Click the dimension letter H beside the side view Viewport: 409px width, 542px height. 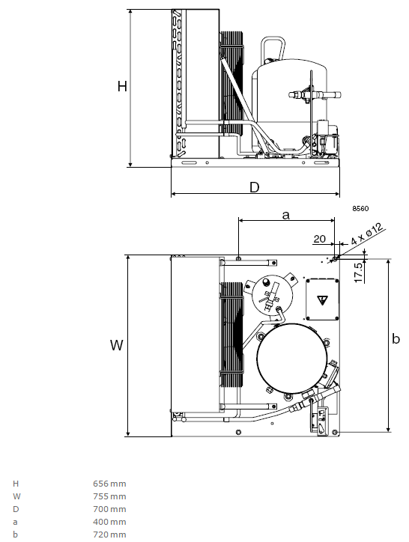(x=122, y=86)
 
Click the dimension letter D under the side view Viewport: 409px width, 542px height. (x=255, y=187)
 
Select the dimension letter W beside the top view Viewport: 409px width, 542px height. (x=117, y=345)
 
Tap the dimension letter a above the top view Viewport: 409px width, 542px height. (x=286, y=215)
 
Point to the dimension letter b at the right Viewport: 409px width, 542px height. (x=396, y=338)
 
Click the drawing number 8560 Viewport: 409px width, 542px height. (x=360, y=208)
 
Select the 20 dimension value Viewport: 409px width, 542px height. (x=319, y=239)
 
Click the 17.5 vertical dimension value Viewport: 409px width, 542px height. (x=359, y=272)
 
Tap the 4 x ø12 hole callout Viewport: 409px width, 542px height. (x=367, y=234)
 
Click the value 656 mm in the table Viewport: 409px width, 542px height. (x=109, y=484)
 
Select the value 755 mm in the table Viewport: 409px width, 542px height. (x=109, y=496)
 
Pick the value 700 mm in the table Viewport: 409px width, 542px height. (x=109, y=509)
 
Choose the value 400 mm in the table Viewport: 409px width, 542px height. (x=109, y=522)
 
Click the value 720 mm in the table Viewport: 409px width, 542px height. (x=109, y=535)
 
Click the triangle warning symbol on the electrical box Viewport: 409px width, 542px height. (x=322, y=299)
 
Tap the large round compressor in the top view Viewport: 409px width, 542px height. (x=292, y=359)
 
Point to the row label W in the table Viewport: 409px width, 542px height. (x=16, y=496)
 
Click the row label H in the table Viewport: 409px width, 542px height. (x=16, y=484)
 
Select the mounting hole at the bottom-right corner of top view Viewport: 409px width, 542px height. (x=334, y=432)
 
